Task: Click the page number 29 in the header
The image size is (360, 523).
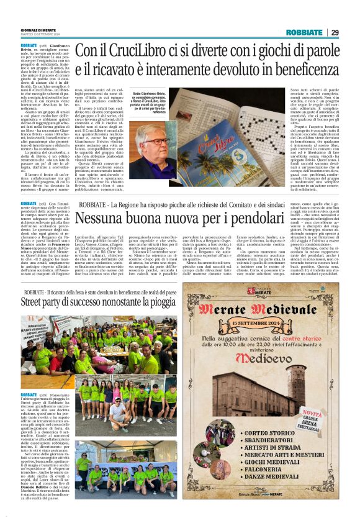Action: click(x=335, y=32)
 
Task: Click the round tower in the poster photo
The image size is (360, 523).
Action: click(x=238, y=398)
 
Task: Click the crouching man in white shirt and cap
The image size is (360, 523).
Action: click(x=117, y=411)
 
